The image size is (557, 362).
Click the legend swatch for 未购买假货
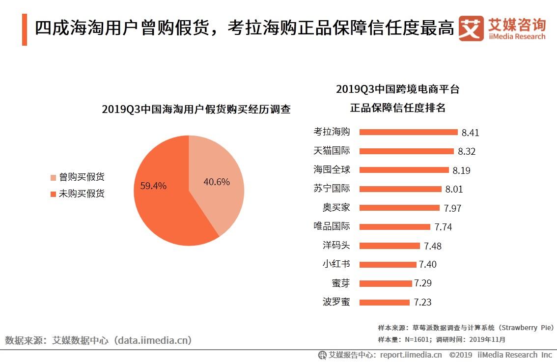coord(54,195)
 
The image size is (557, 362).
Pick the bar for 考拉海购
coord(408,132)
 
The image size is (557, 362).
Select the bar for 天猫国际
coord(406,151)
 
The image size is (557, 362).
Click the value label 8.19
coord(461,170)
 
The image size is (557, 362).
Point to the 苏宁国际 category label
coord(332,189)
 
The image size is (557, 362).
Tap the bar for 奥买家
coord(399,208)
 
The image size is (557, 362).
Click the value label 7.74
coord(443,227)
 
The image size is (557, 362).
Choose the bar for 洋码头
coord(390,246)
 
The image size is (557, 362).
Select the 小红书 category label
coord(336,264)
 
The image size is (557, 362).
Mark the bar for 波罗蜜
coord(384,302)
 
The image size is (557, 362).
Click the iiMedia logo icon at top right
coord(471,29)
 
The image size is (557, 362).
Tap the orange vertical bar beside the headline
coord(25,29)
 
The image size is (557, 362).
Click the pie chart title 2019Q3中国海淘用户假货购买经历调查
coord(196,109)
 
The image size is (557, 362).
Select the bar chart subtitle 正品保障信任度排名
coord(397,108)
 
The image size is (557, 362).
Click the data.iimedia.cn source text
coord(152,340)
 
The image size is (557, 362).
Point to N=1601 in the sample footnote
coord(416,339)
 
